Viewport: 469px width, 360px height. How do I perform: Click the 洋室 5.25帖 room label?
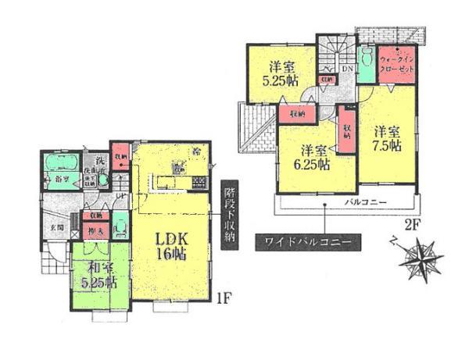pyautogui.click(x=280, y=73)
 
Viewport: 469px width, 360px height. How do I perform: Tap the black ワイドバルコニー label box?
pyautogui.click(x=307, y=243)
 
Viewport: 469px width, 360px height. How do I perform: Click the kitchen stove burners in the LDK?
pyautogui.click(x=199, y=184)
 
